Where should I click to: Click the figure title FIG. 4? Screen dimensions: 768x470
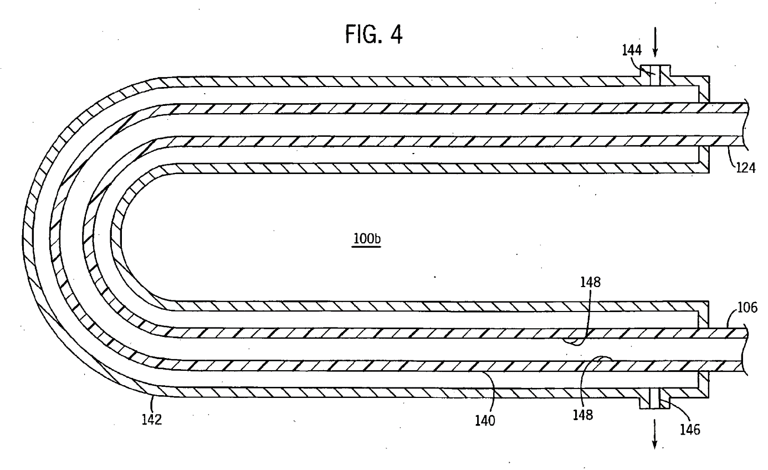tap(373, 34)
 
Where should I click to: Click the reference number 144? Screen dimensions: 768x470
tap(632, 50)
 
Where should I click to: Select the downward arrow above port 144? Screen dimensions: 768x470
tap(655, 42)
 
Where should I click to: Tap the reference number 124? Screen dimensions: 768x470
tap(746, 167)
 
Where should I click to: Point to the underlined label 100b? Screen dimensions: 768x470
tap(366, 238)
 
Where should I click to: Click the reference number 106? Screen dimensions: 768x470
tap(747, 308)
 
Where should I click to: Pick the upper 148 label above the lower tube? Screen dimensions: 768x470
tap(590, 282)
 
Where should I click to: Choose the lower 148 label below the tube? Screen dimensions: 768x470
tap(583, 415)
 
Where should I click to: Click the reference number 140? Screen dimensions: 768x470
tap(485, 420)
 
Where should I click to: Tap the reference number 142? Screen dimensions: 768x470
tap(152, 419)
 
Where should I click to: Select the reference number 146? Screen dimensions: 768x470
tap(690, 430)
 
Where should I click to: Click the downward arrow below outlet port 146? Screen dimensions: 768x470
tap(654, 434)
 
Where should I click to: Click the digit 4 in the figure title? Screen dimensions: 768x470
tap(396, 34)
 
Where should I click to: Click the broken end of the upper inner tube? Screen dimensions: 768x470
tap(746, 125)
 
